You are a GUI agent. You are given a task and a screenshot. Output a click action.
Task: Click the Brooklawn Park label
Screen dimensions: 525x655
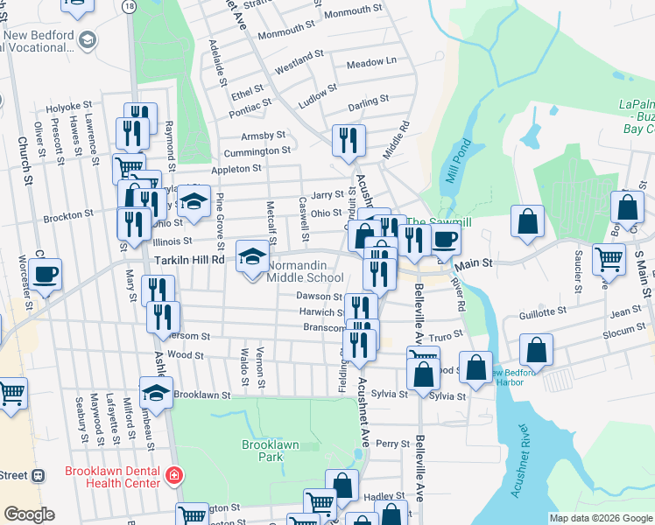point(270,451)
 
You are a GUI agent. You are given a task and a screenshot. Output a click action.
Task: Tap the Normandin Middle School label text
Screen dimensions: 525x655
point(305,271)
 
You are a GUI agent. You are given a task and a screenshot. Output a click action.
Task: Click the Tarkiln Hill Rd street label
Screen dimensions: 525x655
point(189,260)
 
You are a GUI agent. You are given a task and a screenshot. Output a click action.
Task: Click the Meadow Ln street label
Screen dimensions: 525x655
point(371,63)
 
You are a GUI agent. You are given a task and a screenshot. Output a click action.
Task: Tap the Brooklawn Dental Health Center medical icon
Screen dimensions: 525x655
point(175,475)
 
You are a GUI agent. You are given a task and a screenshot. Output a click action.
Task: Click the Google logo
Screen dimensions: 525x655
point(29,514)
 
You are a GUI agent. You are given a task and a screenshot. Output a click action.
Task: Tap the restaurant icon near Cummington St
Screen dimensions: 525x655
point(349,139)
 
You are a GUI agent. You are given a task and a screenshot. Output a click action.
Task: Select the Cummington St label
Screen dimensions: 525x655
point(257,150)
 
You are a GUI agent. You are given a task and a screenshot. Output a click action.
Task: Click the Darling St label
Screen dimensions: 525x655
point(368,104)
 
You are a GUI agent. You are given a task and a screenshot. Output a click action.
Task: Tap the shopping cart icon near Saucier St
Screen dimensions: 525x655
point(609,259)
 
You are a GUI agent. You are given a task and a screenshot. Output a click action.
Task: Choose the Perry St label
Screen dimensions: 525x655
point(392,444)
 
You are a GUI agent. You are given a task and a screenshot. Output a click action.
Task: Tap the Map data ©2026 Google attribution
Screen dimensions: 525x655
point(601,518)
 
